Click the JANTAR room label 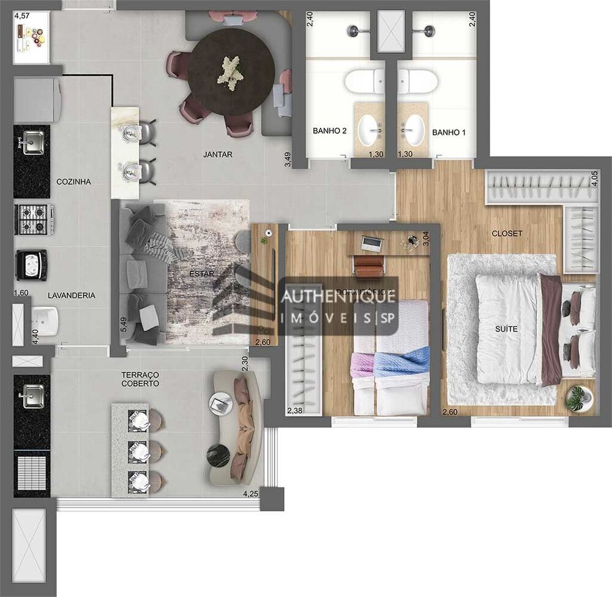tap(218, 155)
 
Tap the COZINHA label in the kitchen tap(73, 182)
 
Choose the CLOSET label tap(507, 234)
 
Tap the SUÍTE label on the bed tap(506, 329)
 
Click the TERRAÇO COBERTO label tap(140, 379)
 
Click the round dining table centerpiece tap(231, 72)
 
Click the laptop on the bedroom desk tap(372, 244)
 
